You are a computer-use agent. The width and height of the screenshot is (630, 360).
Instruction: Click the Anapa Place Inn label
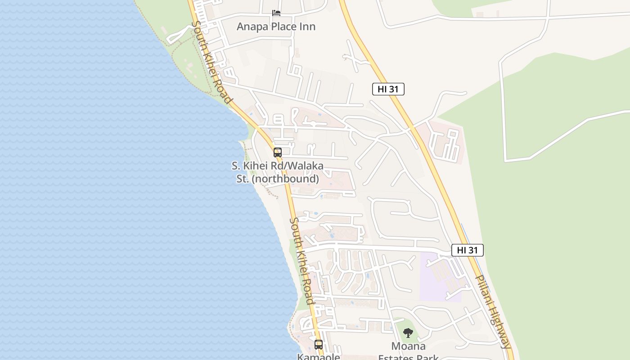pyautogui.click(x=276, y=27)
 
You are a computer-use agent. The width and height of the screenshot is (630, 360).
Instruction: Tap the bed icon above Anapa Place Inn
pyautogui.click(x=276, y=13)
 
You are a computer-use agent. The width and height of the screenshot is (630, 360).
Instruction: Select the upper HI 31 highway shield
pyautogui.click(x=388, y=89)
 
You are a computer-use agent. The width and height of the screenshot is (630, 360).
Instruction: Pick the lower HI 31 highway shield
pyautogui.click(x=467, y=250)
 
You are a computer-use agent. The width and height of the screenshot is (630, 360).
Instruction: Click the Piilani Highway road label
pyautogui.click(x=494, y=311)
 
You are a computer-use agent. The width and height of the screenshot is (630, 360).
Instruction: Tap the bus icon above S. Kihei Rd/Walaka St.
pyautogui.click(x=278, y=153)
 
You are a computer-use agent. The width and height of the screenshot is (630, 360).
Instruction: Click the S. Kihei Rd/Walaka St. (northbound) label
pyautogui.click(x=278, y=172)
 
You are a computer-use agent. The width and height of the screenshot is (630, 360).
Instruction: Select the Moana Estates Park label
pyautogui.click(x=408, y=352)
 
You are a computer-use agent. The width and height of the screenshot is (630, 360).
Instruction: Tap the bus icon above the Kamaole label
pyautogui.click(x=319, y=345)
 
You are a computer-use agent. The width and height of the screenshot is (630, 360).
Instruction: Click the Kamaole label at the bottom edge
pyautogui.click(x=319, y=357)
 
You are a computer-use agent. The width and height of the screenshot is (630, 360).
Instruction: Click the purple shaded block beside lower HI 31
pyautogui.click(x=439, y=277)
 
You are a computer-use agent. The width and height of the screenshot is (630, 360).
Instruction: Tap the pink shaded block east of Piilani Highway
pyautogui.click(x=444, y=142)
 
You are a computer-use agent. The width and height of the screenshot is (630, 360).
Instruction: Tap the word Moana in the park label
pyautogui.click(x=408, y=346)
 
